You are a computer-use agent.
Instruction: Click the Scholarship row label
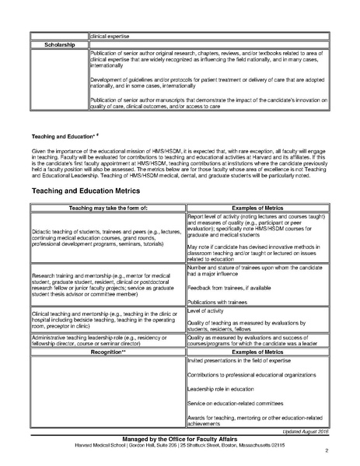pos(58,44)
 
